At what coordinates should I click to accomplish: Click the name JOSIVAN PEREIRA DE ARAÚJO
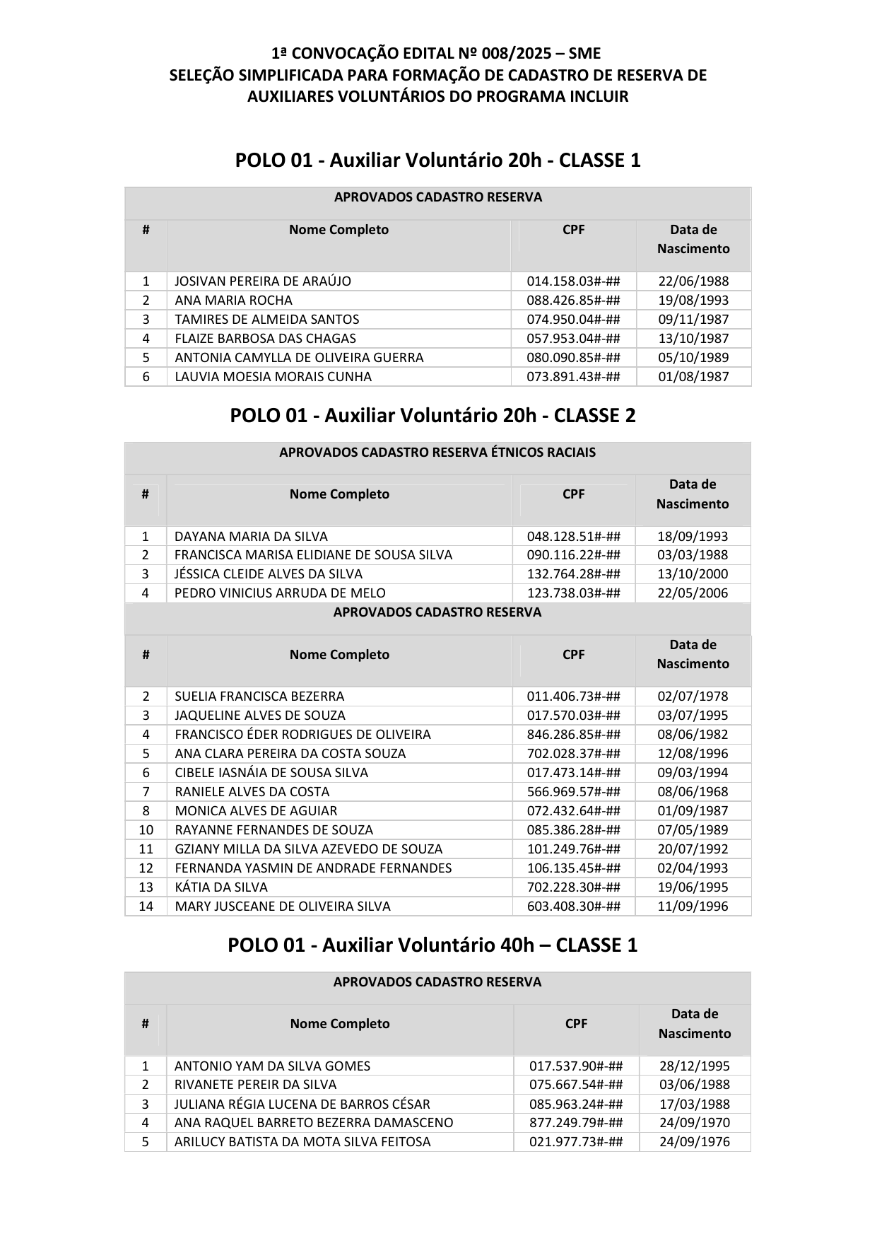263,281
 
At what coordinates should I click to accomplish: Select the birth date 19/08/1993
693,301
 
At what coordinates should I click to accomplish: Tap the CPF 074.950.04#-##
573,320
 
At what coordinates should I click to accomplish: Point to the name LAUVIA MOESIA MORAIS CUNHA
273,377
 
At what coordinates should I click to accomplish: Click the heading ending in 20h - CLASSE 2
432,415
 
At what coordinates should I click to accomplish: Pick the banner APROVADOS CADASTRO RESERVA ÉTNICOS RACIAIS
437,453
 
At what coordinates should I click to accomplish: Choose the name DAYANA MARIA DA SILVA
251,537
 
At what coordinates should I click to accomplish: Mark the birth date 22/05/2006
693,593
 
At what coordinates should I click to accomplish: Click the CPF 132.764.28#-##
573,574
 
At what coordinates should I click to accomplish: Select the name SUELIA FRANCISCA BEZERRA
259,697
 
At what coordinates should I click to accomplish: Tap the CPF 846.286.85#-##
573,735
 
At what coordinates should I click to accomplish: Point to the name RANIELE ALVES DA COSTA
252,792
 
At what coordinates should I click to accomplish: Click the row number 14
146,907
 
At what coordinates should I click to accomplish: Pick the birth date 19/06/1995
693,887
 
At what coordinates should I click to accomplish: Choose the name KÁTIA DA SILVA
221,887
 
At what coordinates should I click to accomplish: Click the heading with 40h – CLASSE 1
432,945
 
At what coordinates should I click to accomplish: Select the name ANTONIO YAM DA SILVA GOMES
272,1066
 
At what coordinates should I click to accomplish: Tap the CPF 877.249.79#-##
576,1123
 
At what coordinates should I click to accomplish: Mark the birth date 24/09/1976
695,1142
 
